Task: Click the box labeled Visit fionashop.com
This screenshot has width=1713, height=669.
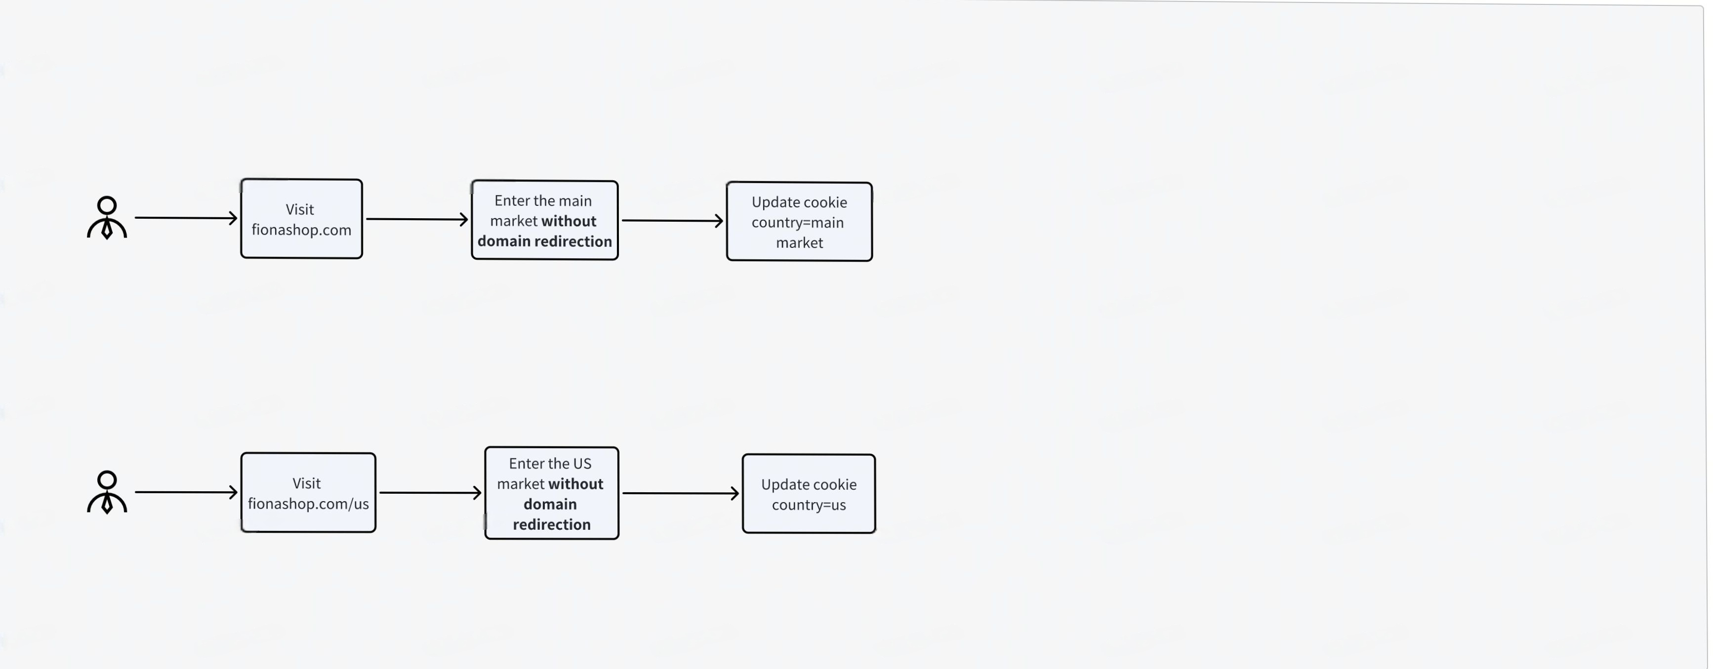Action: (301, 219)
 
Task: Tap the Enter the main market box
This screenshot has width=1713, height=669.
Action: (545, 220)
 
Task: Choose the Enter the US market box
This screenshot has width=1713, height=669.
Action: (552, 493)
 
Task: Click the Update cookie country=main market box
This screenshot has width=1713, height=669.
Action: (799, 222)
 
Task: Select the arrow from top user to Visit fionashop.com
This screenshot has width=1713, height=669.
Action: (186, 217)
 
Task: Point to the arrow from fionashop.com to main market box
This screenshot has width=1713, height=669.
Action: (417, 219)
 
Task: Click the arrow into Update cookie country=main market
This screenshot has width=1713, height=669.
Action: (673, 220)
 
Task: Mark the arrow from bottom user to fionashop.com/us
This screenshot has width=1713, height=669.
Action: (186, 492)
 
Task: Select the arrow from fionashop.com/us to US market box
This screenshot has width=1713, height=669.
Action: (431, 493)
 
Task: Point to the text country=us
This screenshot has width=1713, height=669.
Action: (809, 505)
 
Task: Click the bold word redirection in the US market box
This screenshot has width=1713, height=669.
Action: (552, 524)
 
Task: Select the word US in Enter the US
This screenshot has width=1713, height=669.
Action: (582, 464)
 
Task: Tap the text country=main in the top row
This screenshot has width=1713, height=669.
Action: (797, 222)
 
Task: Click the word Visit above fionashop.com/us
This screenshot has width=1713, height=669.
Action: (307, 483)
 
